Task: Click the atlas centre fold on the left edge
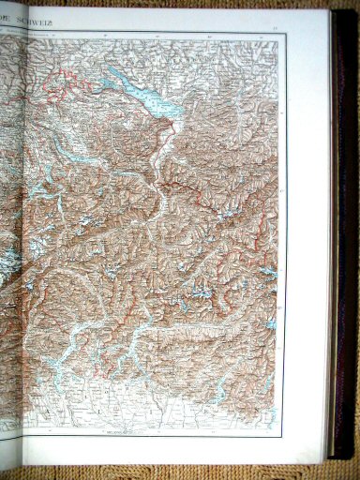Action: tap(4, 234)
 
